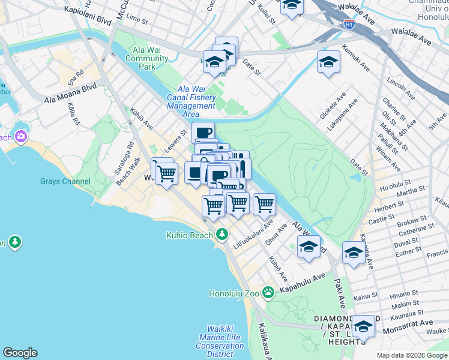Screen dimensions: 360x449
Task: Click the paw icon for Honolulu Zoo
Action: coord(268,293)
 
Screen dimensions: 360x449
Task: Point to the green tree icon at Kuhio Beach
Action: coord(223,234)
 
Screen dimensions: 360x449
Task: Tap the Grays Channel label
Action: coord(65,181)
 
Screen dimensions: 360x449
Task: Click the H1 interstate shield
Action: coord(349,25)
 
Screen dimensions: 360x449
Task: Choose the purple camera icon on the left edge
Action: coord(21,136)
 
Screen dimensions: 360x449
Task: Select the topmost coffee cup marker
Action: coord(203,132)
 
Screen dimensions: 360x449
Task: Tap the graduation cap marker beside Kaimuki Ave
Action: coord(328,62)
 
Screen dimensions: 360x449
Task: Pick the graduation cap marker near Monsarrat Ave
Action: coord(363,327)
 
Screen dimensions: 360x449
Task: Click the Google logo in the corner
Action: coord(20,353)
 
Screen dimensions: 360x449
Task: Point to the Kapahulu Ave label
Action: coord(301,277)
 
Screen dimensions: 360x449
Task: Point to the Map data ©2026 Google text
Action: coord(411,355)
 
